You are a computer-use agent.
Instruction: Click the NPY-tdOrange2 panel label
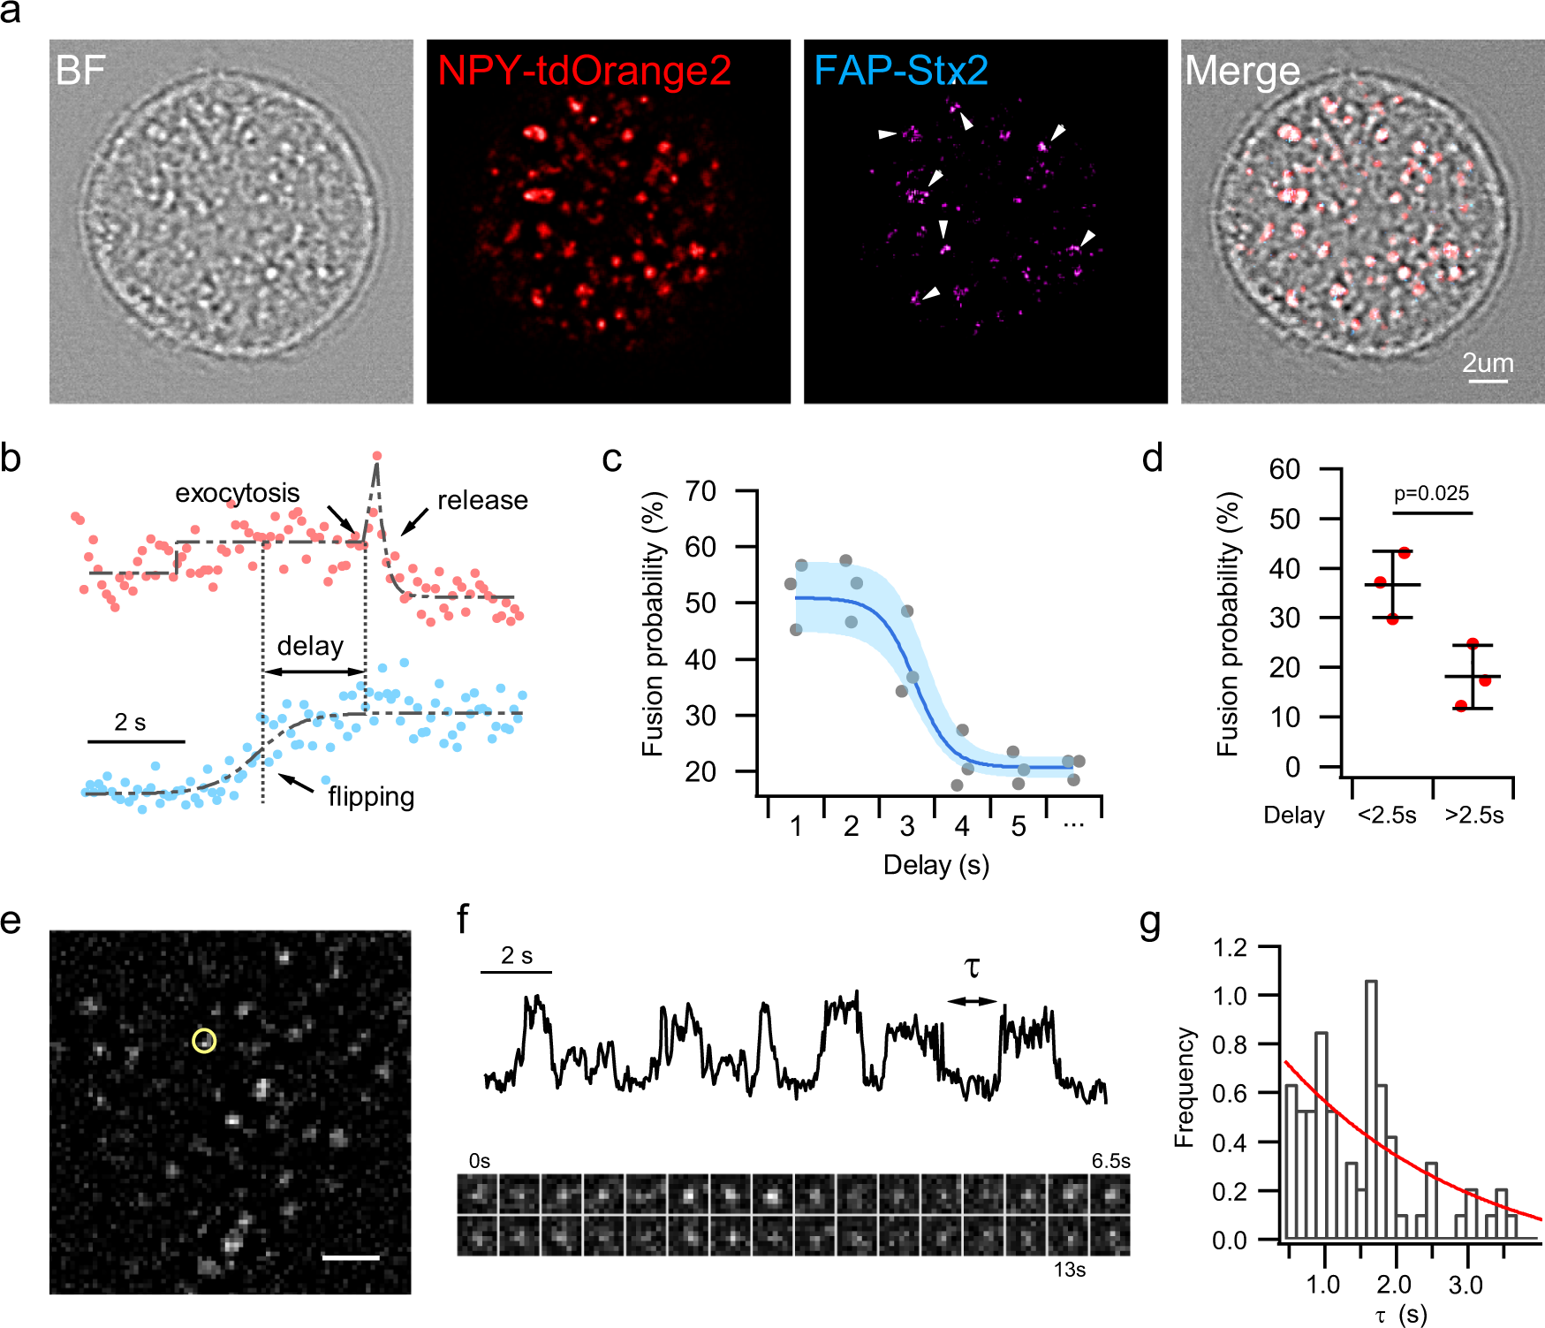[584, 71]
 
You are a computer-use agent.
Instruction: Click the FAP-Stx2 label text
[900, 71]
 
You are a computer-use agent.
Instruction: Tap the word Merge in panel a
[1241, 71]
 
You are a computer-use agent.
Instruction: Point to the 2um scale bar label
[1488, 363]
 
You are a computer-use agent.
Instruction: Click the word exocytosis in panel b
[237, 493]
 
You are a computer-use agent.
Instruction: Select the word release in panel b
[482, 500]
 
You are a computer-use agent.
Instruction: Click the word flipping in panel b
[371, 797]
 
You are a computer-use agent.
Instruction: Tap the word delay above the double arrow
[310, 646]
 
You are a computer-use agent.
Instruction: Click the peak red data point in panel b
[377, 456]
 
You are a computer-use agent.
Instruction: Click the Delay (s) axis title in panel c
[935, 865]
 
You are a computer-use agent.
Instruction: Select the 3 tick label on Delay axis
[906, 826]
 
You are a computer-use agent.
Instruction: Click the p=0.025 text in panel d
[1431, 493]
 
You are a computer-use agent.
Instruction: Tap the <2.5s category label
[1386, 815]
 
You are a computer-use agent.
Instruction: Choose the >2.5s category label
[1473, 815]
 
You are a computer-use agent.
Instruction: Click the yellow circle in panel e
[204, 1041]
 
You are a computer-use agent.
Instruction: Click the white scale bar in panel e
[351, 1256]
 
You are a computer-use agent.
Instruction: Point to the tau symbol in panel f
[973, 968]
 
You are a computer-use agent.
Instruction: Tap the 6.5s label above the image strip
[1110, 1161]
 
